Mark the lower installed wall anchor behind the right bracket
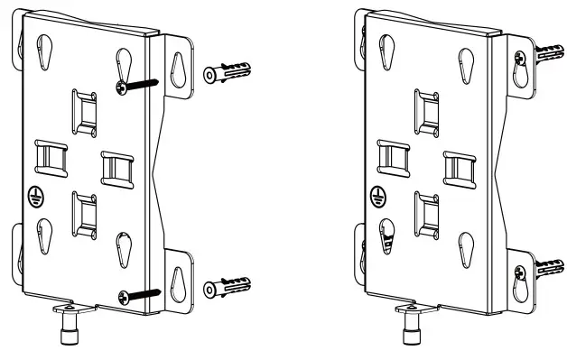click(545, 268)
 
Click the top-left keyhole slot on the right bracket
click(385, 52)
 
